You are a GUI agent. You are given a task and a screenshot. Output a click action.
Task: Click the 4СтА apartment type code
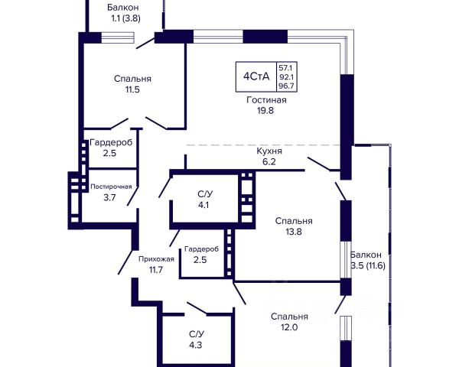256,76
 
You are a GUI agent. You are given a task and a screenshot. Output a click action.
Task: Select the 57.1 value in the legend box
285,68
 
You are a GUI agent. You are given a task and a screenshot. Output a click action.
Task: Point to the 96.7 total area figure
286,86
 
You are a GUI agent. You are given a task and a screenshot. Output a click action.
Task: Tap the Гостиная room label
266,100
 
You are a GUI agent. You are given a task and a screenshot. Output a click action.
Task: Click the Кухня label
269,151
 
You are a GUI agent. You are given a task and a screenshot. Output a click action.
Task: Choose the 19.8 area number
265,111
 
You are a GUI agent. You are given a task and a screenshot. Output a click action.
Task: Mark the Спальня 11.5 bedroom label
132,84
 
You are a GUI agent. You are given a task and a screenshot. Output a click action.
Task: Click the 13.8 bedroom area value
294,232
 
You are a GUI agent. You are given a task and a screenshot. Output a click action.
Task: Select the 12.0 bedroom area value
289,327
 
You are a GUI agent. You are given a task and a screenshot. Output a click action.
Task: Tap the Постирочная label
111,187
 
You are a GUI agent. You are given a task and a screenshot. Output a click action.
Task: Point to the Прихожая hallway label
156,259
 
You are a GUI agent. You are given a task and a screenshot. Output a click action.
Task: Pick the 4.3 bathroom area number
196,345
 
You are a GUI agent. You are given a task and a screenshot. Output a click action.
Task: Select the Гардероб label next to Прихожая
202,249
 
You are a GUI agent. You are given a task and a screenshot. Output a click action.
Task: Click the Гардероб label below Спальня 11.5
111,142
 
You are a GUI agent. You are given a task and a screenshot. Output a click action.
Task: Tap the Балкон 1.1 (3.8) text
123,13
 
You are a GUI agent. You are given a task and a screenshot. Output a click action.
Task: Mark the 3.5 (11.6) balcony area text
368,266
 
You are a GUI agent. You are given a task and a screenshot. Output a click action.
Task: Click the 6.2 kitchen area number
269,161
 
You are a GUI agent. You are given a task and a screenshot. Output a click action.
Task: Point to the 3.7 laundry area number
109,198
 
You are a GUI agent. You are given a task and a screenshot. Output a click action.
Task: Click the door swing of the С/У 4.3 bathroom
197,309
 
